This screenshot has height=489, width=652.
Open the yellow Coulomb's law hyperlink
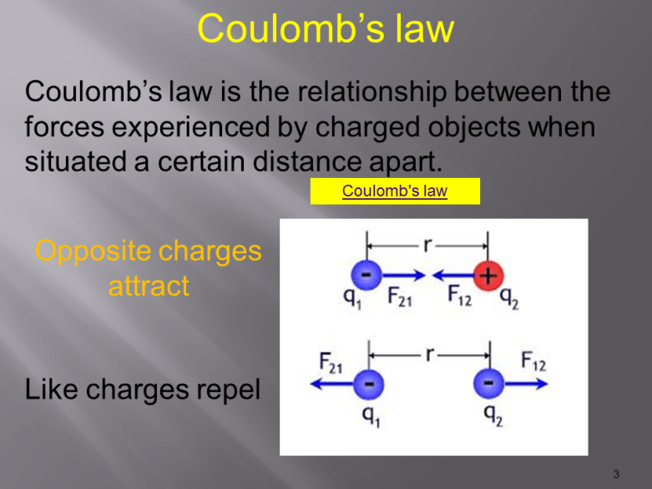pyautogui.click(x=394, y=191)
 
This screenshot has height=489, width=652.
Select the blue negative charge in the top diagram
pyautogui.click(x=366, y=273)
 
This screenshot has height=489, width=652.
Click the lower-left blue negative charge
pyautogui.click(x=366, y=385)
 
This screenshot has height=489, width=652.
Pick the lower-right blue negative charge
pyautogui.click(x=488, y=385)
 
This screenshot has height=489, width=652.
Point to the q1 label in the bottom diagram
pyautogui.click(x=366, y=415)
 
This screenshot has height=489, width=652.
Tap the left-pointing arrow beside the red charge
pyautogui.click(x=451, y=273)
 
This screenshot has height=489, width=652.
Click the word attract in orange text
pyautogui.click(x=149, y=286)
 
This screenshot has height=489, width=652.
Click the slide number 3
pyautogui.click(x=616, y=475)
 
